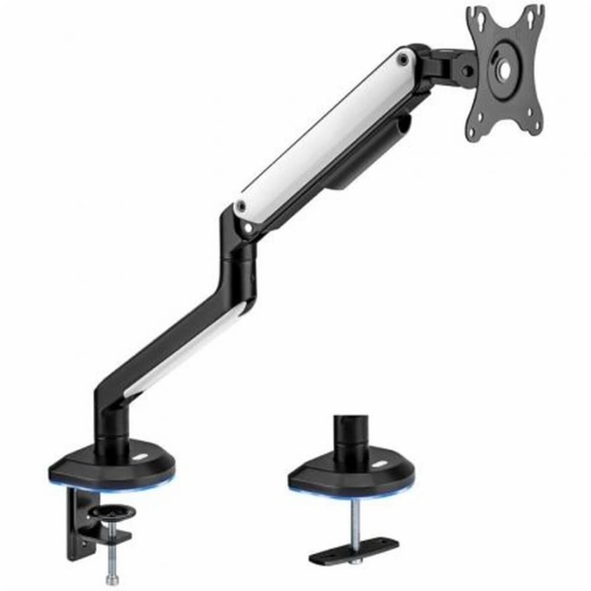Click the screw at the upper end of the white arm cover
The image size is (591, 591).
(403, 59)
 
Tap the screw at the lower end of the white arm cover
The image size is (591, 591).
(240, 206)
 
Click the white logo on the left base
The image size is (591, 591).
(142, 458)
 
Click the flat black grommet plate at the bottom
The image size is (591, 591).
(353, 550)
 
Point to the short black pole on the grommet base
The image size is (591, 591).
(350, 434)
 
